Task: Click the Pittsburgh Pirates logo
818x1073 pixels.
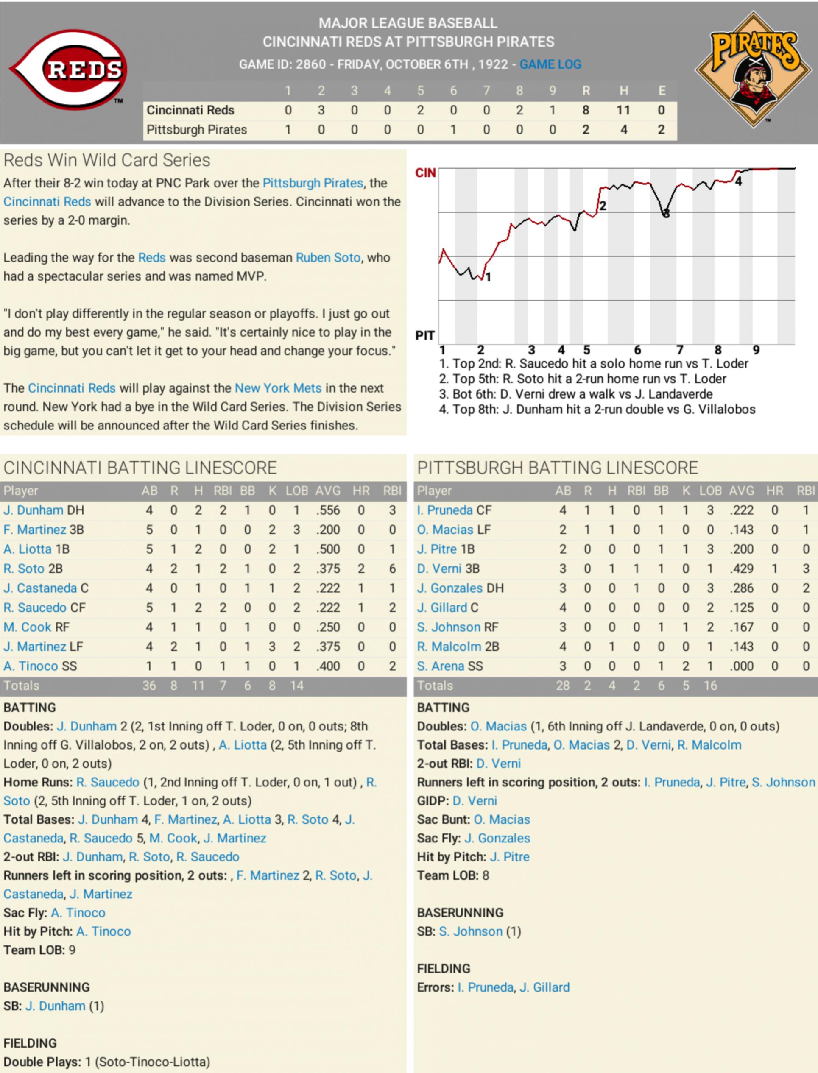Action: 753,70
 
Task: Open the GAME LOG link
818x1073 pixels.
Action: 550,64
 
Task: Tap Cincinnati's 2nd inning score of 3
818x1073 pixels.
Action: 321,111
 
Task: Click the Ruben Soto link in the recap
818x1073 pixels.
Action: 328,257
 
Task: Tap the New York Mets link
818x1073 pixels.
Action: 278,388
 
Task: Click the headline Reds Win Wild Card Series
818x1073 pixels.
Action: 106,160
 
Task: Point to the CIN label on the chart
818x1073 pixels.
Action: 425,173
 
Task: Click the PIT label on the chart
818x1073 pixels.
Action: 424,335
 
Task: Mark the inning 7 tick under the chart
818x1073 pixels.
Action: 680,350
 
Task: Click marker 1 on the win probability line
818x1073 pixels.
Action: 488,278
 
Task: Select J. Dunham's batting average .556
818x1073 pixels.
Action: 328,510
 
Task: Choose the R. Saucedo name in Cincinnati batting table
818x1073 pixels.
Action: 35,608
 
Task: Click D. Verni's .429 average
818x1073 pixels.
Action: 741,569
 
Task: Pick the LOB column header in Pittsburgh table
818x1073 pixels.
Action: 710,491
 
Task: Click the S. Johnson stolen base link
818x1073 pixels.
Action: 470,931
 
